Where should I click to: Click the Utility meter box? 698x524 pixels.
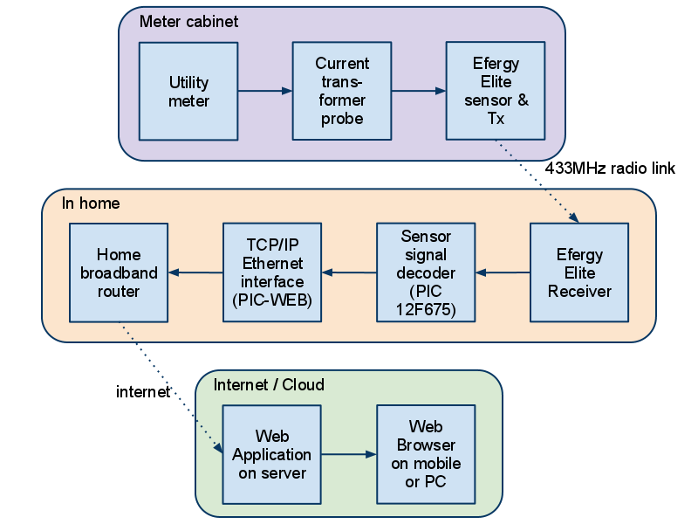188,91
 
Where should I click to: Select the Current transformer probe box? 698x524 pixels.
342,91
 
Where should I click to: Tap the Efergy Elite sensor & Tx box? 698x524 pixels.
496,91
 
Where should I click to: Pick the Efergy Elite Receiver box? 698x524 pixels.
579,272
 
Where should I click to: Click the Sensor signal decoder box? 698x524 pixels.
426,272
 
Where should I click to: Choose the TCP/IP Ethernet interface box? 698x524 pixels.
272,272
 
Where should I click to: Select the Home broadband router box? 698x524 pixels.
119,272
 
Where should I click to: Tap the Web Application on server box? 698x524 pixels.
272,454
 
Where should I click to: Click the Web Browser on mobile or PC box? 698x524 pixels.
426,454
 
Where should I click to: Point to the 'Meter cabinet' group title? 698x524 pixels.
188,21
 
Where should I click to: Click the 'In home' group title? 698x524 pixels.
91,203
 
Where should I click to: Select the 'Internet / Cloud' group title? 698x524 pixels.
269,385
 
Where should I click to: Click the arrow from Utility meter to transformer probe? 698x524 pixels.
265,91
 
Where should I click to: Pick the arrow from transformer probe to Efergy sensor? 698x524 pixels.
419,91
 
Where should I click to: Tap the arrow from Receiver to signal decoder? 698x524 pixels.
503,273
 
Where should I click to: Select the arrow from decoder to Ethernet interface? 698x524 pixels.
349,273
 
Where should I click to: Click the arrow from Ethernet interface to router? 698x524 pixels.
195,273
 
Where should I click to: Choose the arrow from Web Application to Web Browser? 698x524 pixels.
349,454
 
